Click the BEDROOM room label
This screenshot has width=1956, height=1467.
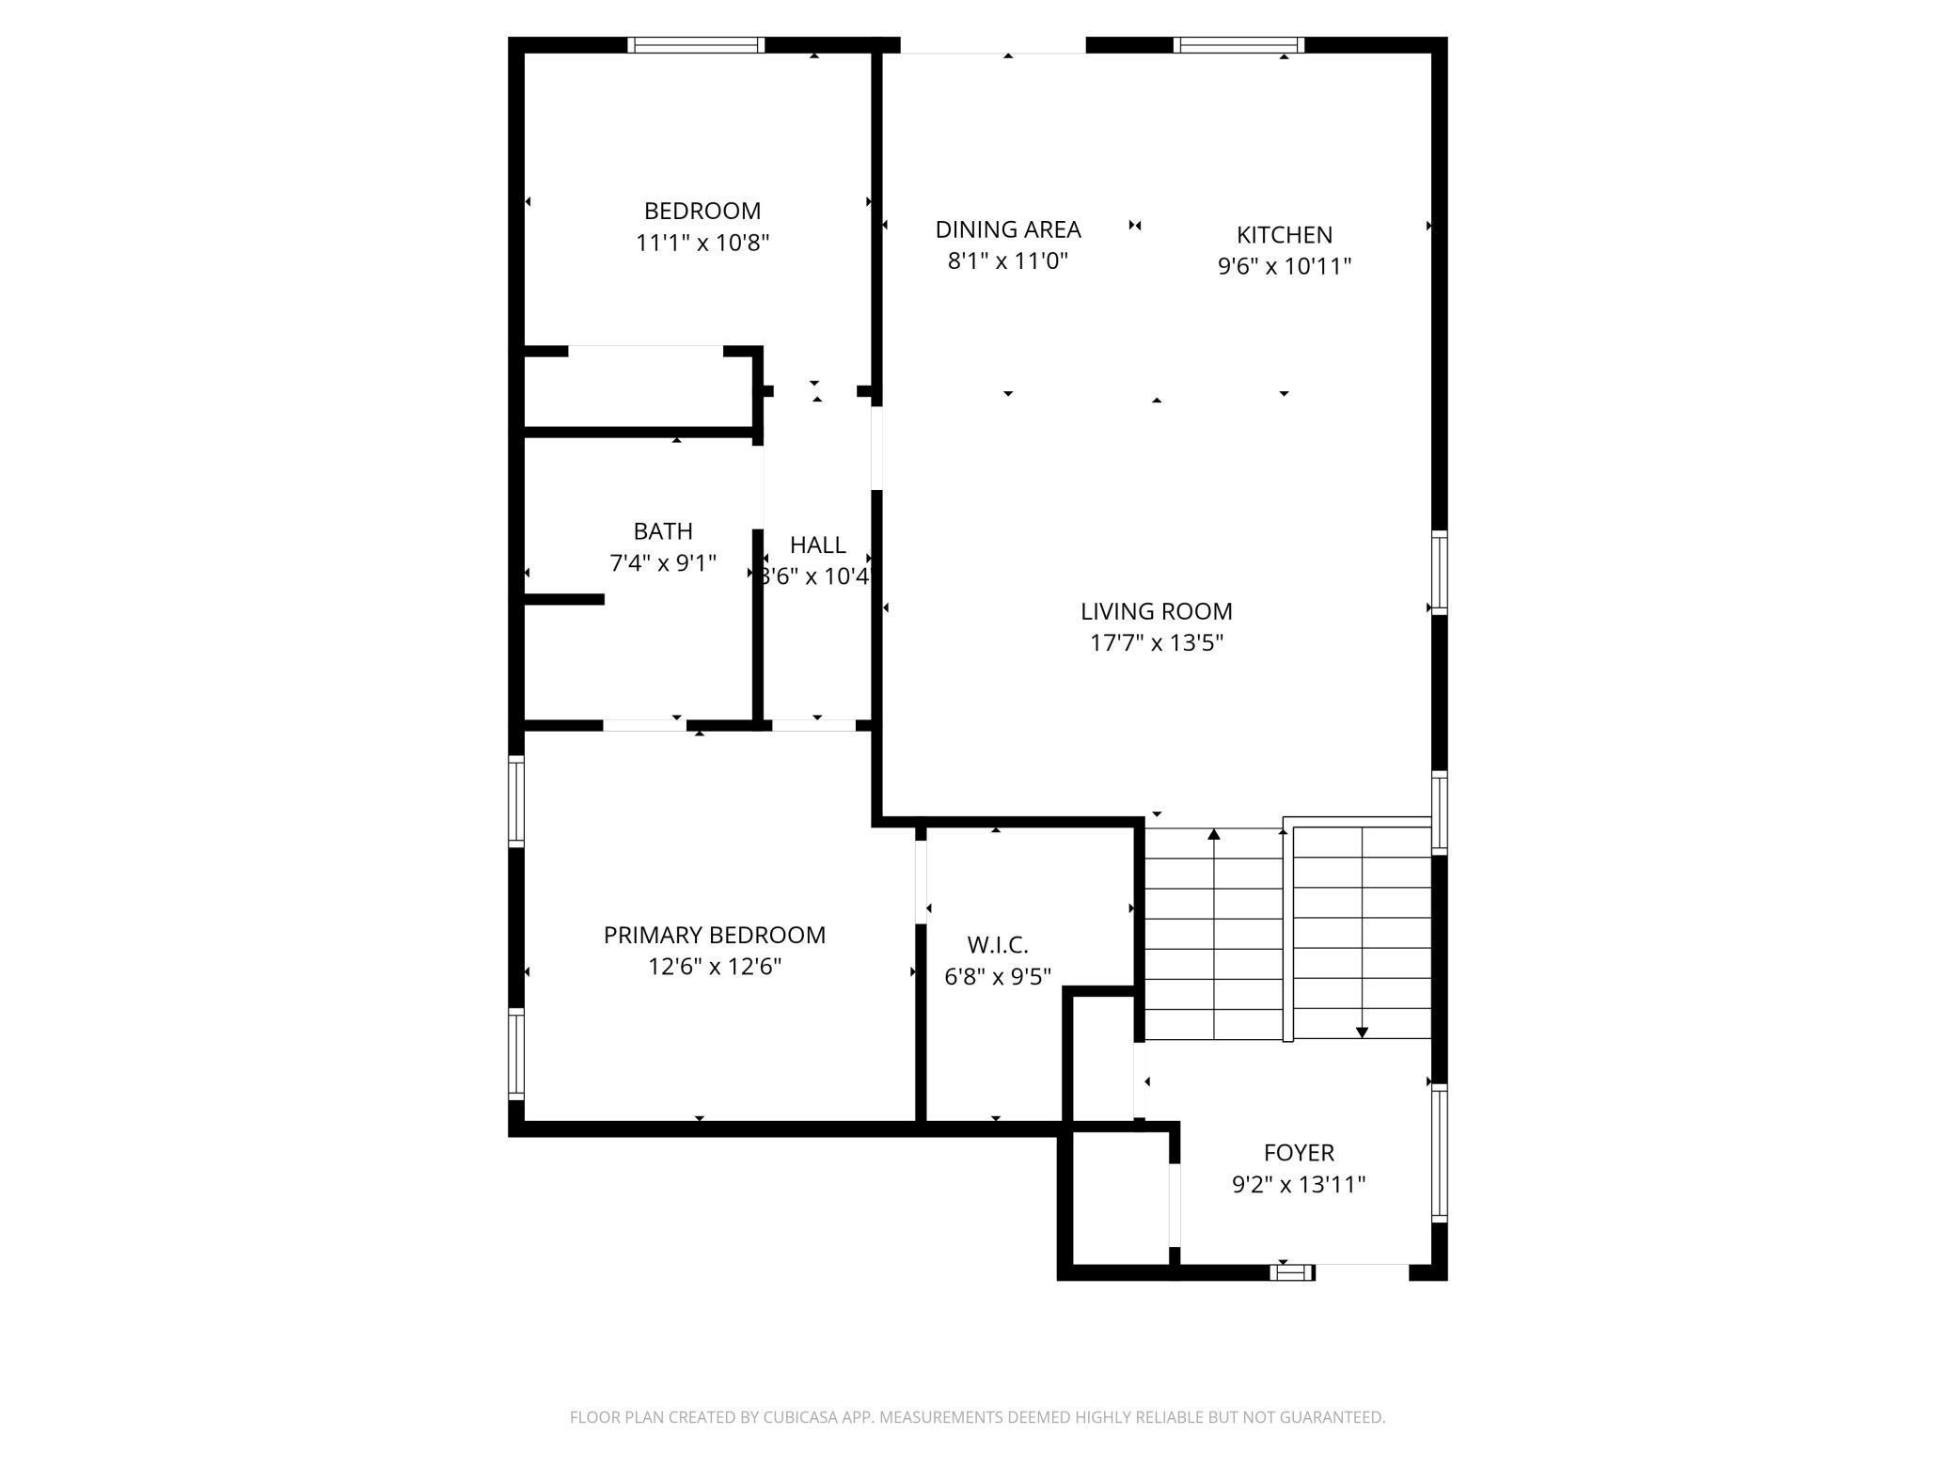click(x=702, y=211)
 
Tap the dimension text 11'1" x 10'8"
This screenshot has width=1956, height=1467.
click(x=702, y=243)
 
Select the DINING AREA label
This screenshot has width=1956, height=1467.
click(x=1007, y=229)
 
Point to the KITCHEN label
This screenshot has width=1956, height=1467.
click(x=1284, y=234)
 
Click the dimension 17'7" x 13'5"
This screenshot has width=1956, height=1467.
click(x=1156, y=643)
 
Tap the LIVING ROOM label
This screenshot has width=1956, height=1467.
click(x=1156, y=611)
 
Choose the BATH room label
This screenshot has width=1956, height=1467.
click(x=663, y=531)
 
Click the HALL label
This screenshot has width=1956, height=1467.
click(x=817, y=544)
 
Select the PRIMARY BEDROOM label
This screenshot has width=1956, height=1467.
click(x=714, y=935)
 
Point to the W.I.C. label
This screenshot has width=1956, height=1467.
click(x=997, y=944)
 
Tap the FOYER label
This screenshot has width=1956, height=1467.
click(x=1298, y=1152)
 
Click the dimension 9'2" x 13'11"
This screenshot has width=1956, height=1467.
click(x=1298, y=1184)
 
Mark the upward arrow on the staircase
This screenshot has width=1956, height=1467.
click(x=1214, y=835)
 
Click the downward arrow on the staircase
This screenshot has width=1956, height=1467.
click(x=1362, y=1033)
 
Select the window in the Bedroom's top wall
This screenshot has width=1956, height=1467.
click(x=696, y=44)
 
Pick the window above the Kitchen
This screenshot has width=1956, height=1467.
click(x=1238, y=44)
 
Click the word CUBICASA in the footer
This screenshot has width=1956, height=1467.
click(x=815, y=1417)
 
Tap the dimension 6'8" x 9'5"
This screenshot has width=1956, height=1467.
click(x=997, y=976)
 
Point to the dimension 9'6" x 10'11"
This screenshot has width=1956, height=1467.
click(x=1284, y=266)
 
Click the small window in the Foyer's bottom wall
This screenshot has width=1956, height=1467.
click(x=1292, y=1272)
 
